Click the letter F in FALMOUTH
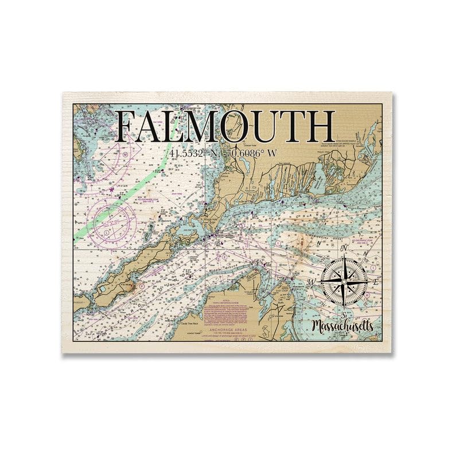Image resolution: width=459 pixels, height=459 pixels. (127, 127)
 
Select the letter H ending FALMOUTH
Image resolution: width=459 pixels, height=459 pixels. (317, 127)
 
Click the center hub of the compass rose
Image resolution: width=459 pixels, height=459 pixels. (344, 281)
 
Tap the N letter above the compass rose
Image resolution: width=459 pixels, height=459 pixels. (344, 248)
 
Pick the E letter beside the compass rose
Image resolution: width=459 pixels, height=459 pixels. (376, 282)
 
